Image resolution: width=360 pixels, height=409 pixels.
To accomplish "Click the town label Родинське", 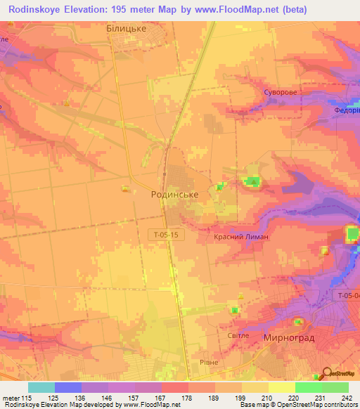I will [x=174, y=195].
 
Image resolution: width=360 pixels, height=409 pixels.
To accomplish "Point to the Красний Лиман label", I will [x=241, y=238].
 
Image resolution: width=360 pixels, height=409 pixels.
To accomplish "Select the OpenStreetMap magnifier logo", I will [x=326, y=374].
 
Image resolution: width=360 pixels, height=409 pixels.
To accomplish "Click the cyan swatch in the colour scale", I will [x=41, y=387].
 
